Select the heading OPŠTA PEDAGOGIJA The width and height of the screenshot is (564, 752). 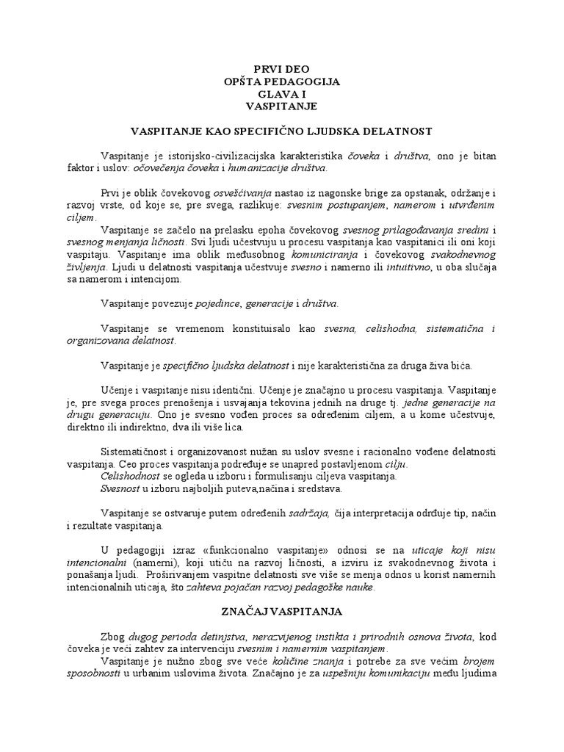coord(281,82)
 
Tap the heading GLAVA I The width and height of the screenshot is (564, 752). coord(281,94)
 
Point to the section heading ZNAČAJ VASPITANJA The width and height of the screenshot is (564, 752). coord(281,611)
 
